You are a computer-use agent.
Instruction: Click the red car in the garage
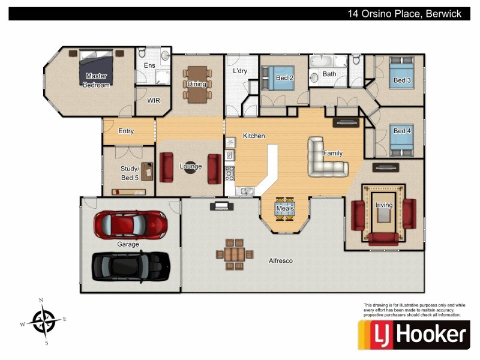130,224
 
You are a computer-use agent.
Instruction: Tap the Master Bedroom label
97,80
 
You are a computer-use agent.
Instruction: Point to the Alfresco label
281,261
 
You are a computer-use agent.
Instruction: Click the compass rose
43,321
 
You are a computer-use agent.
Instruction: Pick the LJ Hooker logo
414,335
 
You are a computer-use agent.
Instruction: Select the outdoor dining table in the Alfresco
230,254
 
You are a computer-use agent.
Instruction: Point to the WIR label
154,101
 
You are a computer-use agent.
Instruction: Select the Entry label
126,131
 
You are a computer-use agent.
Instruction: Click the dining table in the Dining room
197,84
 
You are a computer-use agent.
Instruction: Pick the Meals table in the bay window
285,209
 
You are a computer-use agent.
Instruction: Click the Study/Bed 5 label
130,173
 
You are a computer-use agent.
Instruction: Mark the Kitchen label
254,136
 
